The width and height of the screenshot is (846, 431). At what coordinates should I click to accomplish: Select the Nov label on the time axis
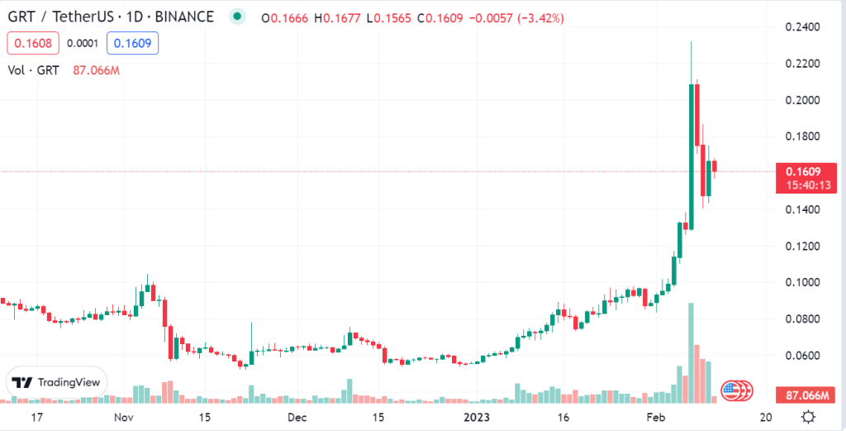tap(123, 416)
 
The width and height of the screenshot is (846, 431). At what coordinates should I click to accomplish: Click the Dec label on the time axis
tap(298, 416)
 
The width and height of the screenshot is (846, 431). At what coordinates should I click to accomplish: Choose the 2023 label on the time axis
tap(478, 416)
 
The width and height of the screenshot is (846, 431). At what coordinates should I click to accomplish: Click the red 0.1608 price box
tap(31, 43)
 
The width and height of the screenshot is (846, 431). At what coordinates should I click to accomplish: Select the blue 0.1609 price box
tap(135, 43)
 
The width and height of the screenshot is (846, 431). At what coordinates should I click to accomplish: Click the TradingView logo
tap(56, 382)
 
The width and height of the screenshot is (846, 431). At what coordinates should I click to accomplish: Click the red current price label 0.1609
tap(801, 172)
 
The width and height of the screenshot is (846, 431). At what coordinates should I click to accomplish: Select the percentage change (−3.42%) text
tap(540, 17)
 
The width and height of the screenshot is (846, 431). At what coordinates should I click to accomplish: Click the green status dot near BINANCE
tap(238, 17)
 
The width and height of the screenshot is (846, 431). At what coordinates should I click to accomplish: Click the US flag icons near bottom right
tap(734, 390)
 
